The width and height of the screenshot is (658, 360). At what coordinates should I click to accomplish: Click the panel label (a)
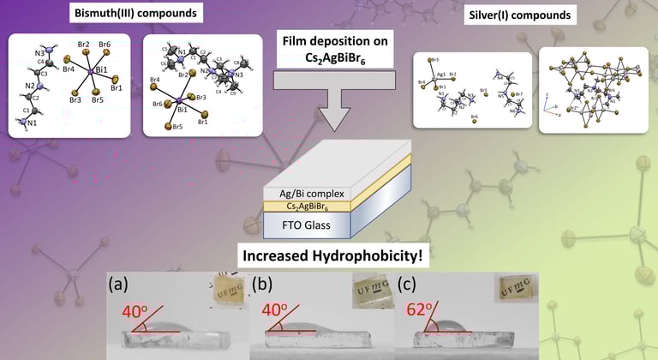coord(121,284)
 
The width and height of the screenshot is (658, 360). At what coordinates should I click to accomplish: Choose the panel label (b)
coord(263,284)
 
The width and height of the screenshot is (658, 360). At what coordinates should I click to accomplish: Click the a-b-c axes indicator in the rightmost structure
coord(548,102)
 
